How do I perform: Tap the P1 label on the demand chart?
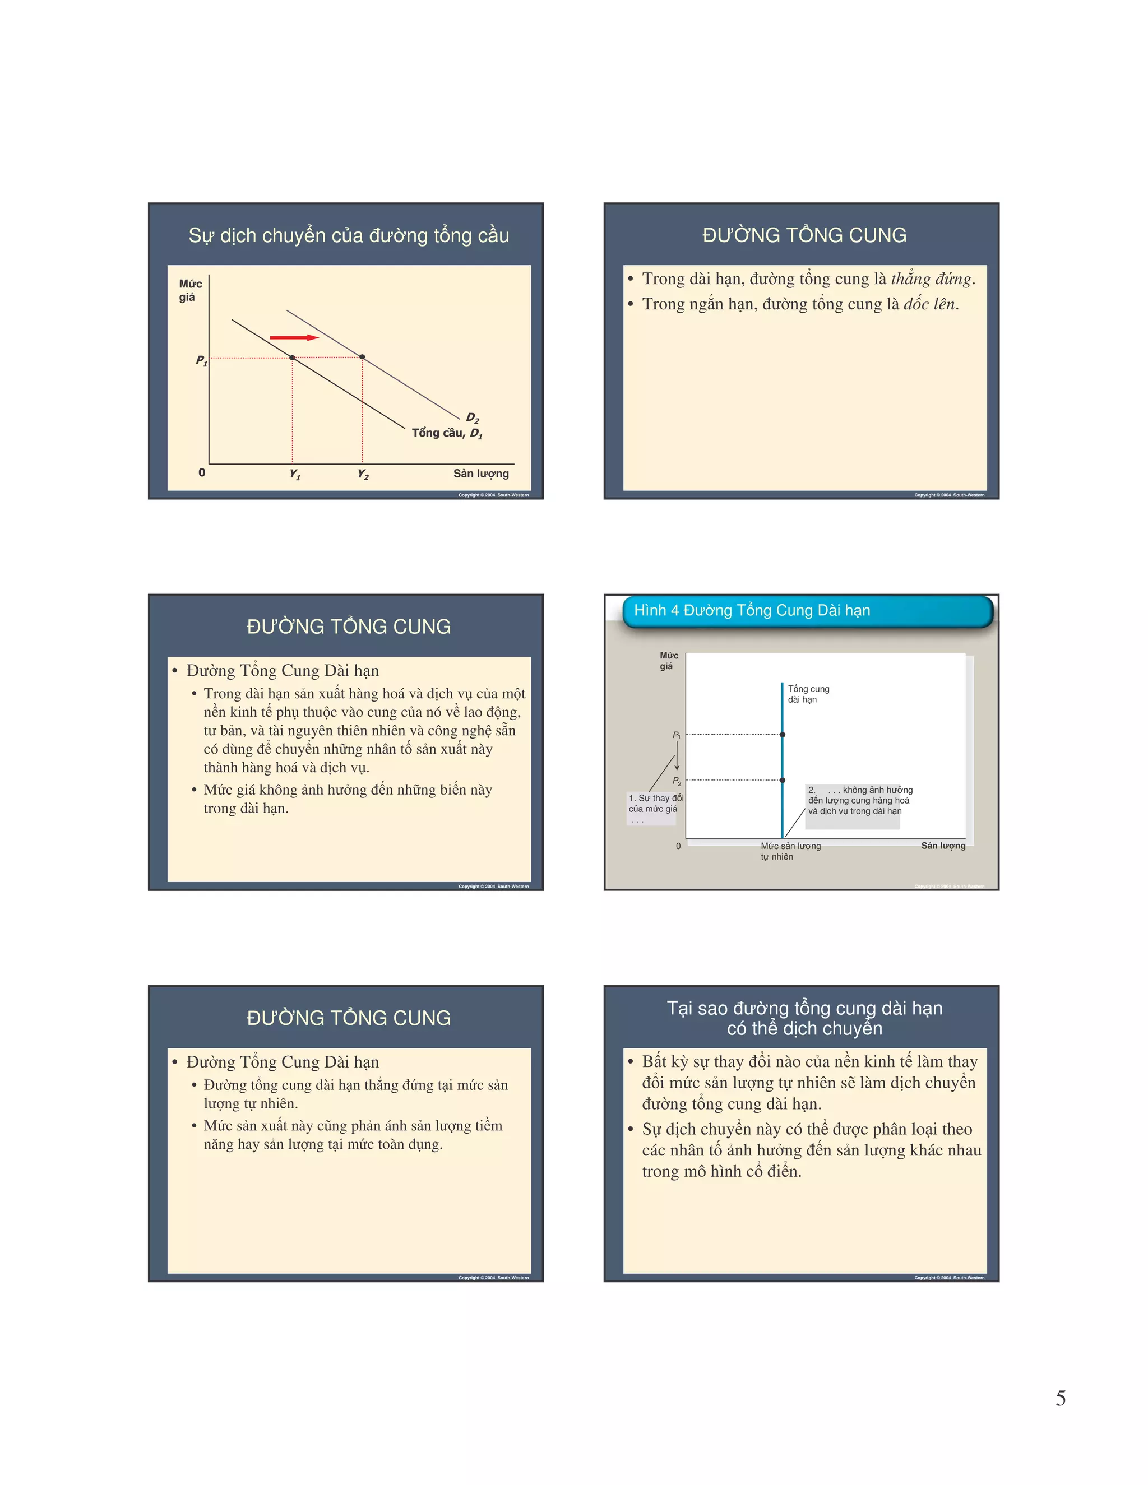pyautogui.click(x=201, y=360)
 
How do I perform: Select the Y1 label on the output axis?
pyautogui.click(x=294, y=475)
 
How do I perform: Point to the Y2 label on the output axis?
pyautogui.click(x=363, y=475)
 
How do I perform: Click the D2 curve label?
pyautogui.click(x=473, y=417)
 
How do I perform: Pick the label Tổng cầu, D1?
pyautogui.click(x=447, y=433)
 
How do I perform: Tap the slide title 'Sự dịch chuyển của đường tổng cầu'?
pyautogui.click(x=348, y=235)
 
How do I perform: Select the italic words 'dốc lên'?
pyautogui.click(x=930, y=304)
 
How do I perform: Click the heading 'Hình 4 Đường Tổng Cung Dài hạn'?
pyautogui.click(x=752, y=610)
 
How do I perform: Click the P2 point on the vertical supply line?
pyautogui.click(x=783, y=781)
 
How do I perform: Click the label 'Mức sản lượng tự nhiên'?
pyautogui.click(x=790, y=851)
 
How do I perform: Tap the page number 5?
pyautogui.click(x=1060, y=1398)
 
